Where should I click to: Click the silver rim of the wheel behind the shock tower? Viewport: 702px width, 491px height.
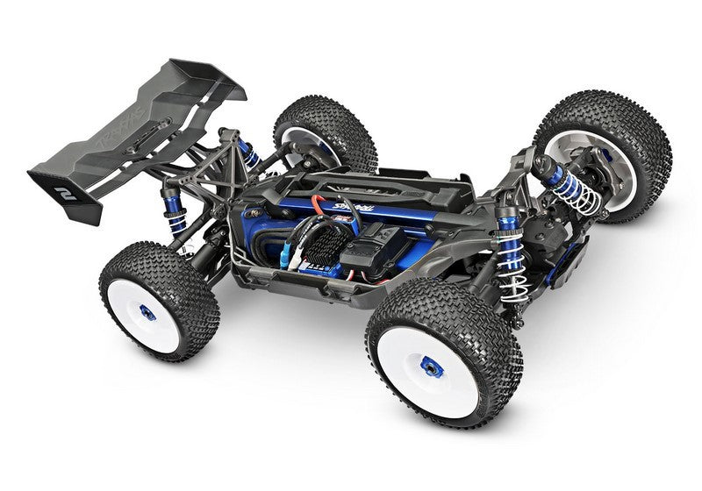(x=312, y=146)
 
